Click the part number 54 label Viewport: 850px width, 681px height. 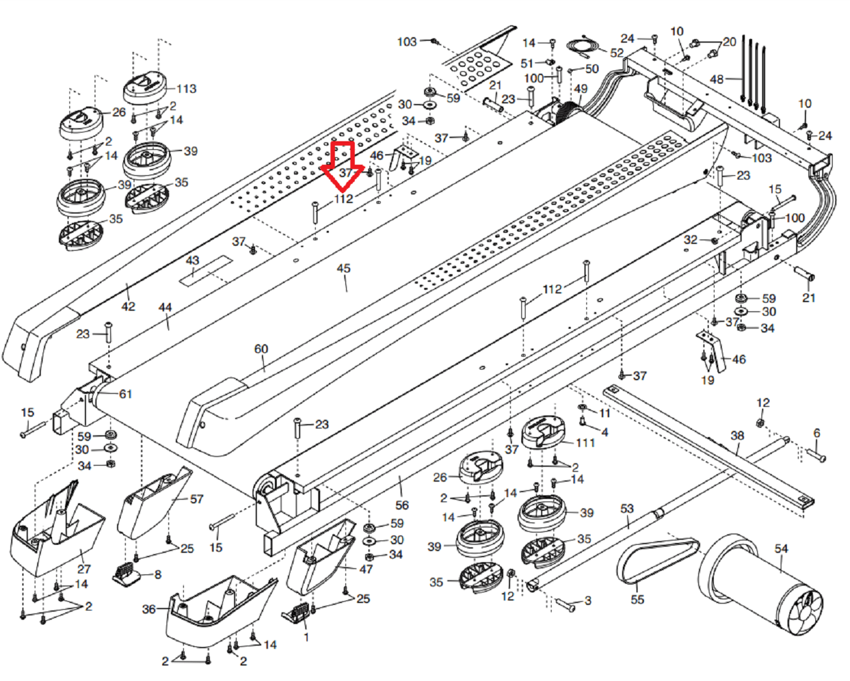point(781,549)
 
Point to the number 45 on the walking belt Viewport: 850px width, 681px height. point(344,269)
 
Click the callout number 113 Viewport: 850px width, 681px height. point(186,89)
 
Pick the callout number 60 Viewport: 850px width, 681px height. point(261,349)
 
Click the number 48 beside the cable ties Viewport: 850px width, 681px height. point(716,79)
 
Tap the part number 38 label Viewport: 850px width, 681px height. point(737,435)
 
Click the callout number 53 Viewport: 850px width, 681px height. point(627,508)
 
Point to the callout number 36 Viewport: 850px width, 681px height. point(149,609)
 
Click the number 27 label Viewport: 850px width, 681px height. point(84,568)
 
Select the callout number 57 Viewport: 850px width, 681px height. point(196,499)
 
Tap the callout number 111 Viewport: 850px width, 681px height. point(585,443)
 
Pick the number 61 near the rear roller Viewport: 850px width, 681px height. point(126,394)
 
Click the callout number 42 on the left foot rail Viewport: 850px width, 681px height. point(128,306)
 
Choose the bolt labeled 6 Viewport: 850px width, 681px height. point(817,456)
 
